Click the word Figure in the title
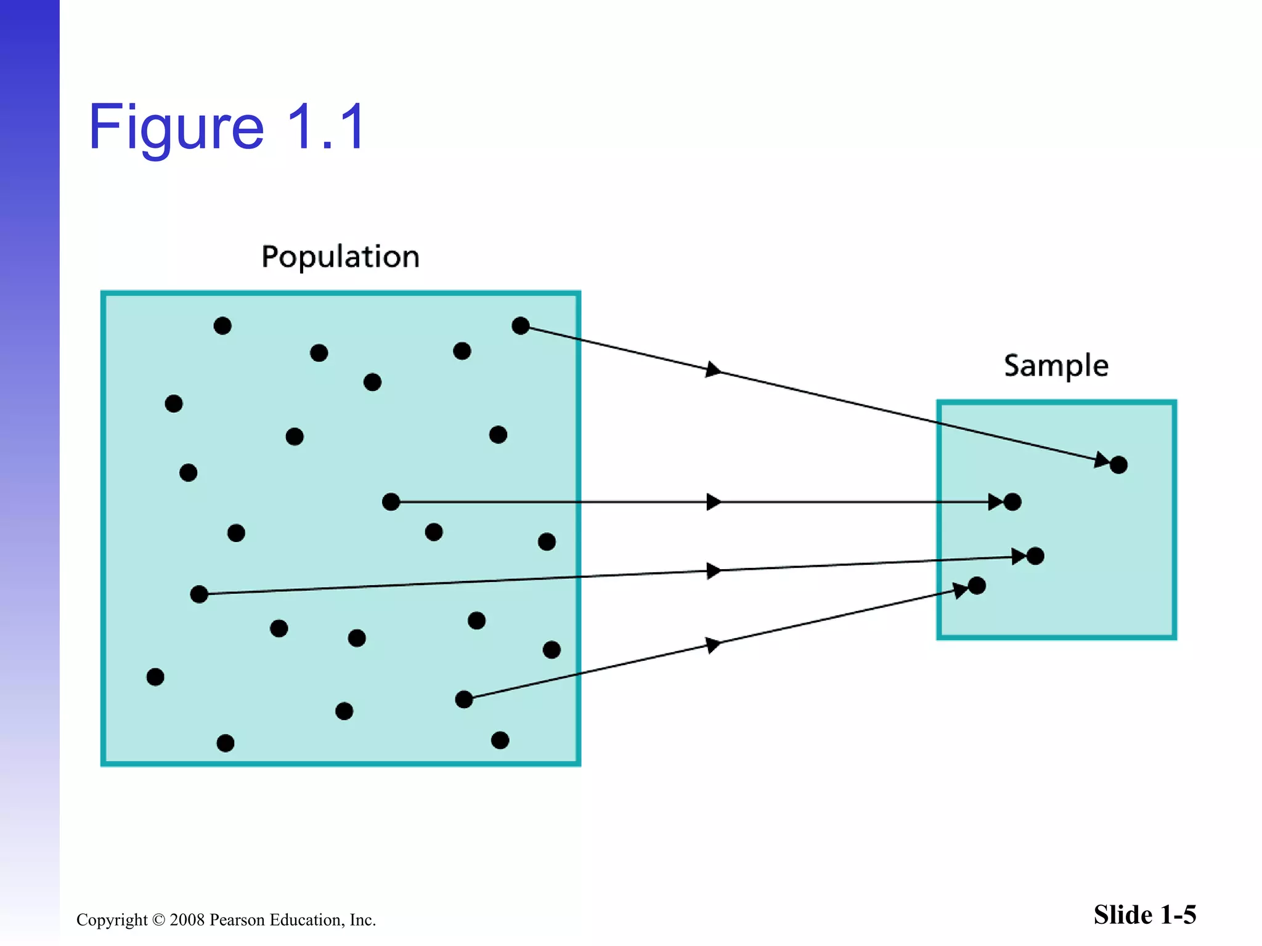click(176, 128)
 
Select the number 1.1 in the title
click(326, 127)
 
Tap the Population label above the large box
click(340, 256)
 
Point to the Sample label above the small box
click(1056, 366)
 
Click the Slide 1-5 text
click(1144, 915)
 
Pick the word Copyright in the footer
click(112, 920)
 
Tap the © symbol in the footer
click(158, 920)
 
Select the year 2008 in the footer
click(187, 920)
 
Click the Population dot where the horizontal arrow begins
click(391, 502)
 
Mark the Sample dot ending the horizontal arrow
click(1012, 502)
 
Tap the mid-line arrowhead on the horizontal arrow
click(714, 502)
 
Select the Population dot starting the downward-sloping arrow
click(521, 326)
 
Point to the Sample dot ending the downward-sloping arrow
click(1118, 465)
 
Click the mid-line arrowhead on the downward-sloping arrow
click(713, 370)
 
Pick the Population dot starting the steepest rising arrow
click(464, 699)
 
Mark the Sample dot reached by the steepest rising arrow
click(977, 586)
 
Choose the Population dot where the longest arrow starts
click(199, 594)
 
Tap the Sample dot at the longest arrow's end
click(1035, 556)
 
